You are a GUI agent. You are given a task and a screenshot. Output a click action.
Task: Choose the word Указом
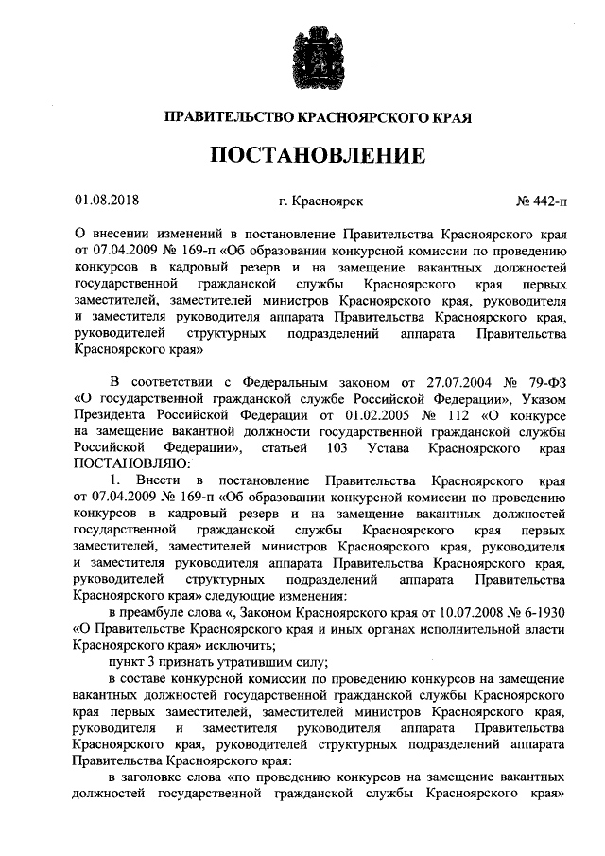tap(542, 398)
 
